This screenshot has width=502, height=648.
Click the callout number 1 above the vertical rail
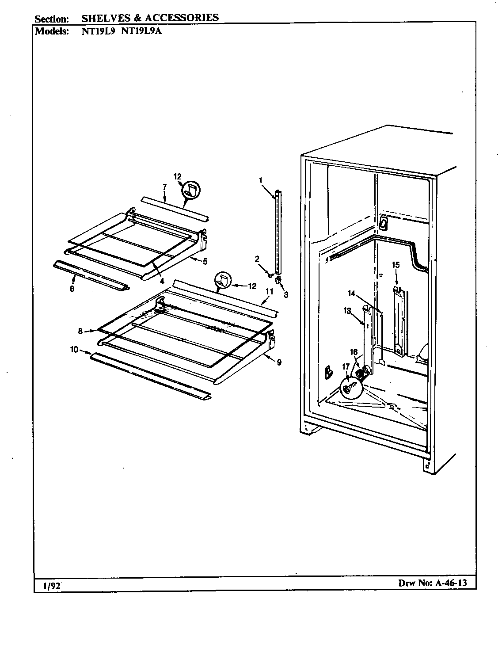click(261, 180)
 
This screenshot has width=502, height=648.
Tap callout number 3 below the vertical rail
click(286, 295)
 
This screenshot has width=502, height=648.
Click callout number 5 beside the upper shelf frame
click(205, 261)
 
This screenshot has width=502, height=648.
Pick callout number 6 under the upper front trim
click(72, 289)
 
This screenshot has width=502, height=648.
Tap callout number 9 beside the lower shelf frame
click(279, 362)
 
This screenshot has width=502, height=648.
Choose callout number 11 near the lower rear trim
click(270, 291)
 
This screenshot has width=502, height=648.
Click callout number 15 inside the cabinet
click(396, 265)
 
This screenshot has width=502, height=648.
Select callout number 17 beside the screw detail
click(346, 366)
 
